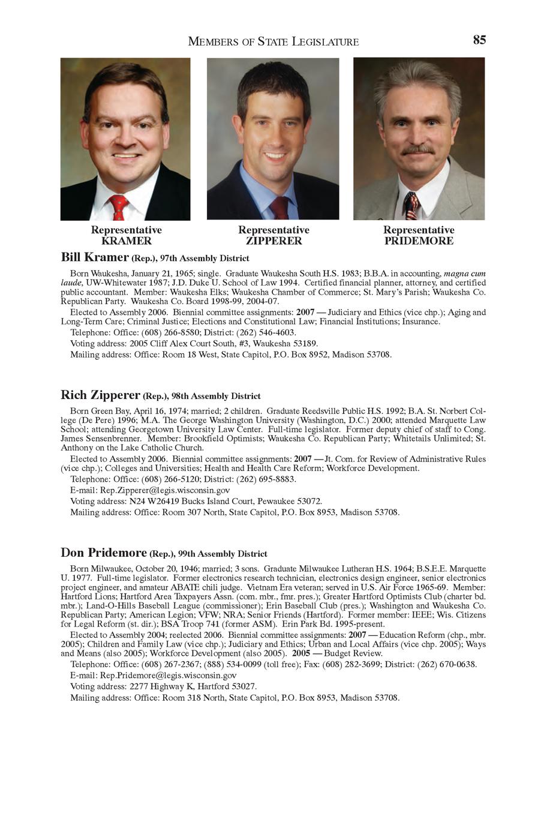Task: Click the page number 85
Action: [x=479, y=40]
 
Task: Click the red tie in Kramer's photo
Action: [x=118, y=206]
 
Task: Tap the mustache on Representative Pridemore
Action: [x=417, y=149]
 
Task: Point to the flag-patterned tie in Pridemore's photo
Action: [x=411, y=206]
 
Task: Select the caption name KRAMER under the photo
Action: [x=126, y=241]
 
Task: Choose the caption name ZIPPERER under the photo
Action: [x=273, y=241]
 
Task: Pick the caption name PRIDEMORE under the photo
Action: [x=419, y=241]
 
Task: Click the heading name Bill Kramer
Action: [x=94, y=257]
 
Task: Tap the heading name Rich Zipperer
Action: [x=100, y=395]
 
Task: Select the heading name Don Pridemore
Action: [x=103, y=553]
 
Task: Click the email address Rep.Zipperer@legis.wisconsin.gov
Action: [x=165, y=490]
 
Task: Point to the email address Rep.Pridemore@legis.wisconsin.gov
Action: [x=168, y=675]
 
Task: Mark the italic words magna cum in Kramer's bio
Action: [x=464, y=274]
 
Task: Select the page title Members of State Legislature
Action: [x=273, y=41]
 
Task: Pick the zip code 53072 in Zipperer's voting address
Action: [x=309, y=501]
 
